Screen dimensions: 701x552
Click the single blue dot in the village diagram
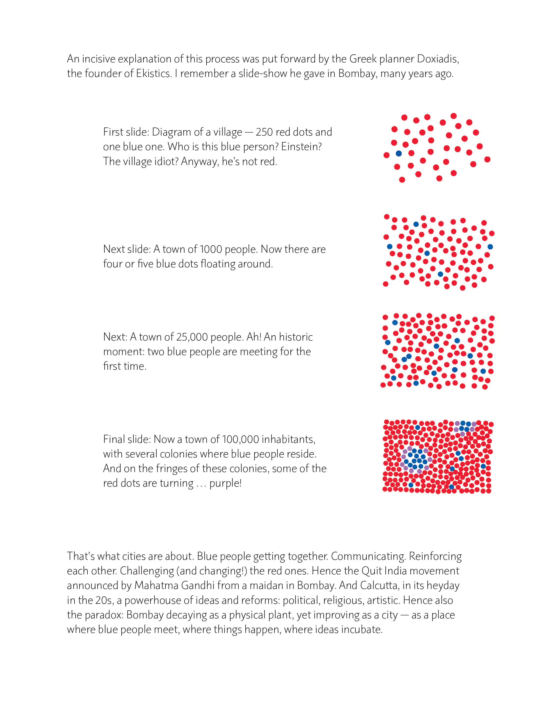399,153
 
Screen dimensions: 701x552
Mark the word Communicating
368,556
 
